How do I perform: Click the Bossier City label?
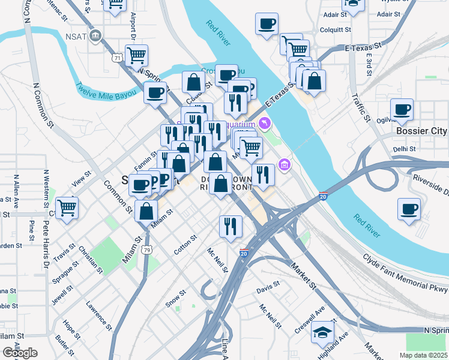click(x=422, y=131)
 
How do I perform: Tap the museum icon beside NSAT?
click(x=95, y=37)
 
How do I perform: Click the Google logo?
click(x=20, y=353)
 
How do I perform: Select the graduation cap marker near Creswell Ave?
click(x=322, y=332)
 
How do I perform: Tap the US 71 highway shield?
click(x=117, y=58)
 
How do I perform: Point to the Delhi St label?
click(x=405, y=149)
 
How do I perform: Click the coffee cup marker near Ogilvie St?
click(x=402, y=110)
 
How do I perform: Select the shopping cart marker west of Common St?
click(x=67, y=208)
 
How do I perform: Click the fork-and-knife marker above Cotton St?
click(x=231, y=226)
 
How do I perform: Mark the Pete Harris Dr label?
click(x=45, y=233)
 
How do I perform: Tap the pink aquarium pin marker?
click(x=264, y=124)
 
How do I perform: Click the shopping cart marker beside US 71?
click(x=137, y=55)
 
